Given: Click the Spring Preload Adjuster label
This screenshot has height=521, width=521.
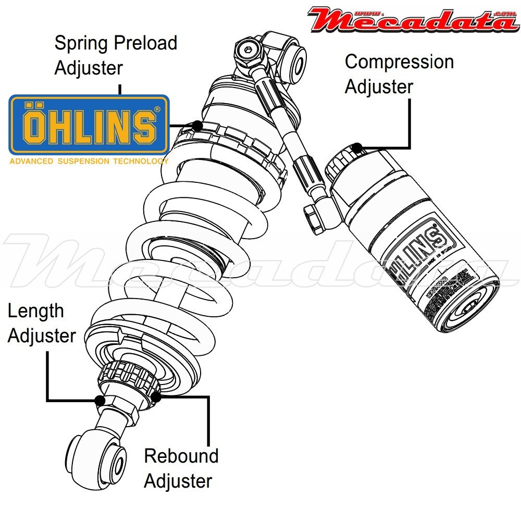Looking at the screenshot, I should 116,55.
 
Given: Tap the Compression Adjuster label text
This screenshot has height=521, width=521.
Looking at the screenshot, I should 399,74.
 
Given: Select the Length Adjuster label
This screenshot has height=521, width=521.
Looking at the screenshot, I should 42,323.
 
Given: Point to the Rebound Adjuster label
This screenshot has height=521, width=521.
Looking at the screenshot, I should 181,468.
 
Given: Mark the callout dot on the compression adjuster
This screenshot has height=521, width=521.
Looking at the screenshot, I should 356,147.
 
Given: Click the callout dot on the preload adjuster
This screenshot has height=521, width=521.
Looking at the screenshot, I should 197,126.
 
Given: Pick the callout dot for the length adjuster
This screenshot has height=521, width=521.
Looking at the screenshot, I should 100,400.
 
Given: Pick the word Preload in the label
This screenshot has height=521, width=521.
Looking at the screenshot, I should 145,43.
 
